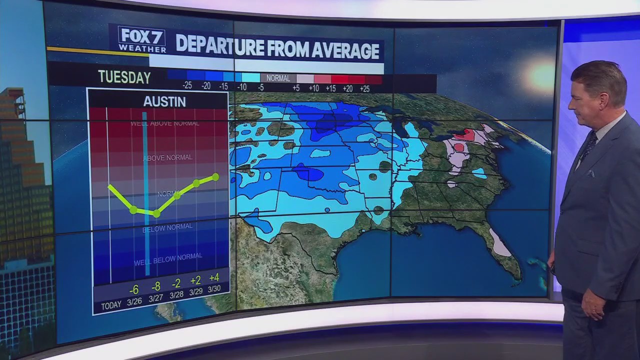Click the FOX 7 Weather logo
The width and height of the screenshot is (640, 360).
tap(142, 39)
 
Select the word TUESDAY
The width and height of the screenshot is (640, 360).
tap(124, 77)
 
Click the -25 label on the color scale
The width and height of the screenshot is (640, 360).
tap(187, 86)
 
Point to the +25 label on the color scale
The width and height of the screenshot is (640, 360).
tap(364, 88)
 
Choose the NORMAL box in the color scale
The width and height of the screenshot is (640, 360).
tap(278, 78)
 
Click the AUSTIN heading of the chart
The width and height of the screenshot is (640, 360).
tap(164, 101)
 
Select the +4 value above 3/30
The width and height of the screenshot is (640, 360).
tap(214, 278)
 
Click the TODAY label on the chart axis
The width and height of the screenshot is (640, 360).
tap(111, 306)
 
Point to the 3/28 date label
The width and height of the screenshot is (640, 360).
tap(176, 295)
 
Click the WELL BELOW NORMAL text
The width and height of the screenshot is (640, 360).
tap(168, 257)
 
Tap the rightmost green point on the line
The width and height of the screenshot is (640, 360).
tap(215, 176)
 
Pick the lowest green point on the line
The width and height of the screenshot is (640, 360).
tap(156, 213)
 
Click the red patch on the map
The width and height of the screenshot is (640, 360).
tap(464, 134)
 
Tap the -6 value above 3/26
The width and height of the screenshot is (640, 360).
tap(133, 290)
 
